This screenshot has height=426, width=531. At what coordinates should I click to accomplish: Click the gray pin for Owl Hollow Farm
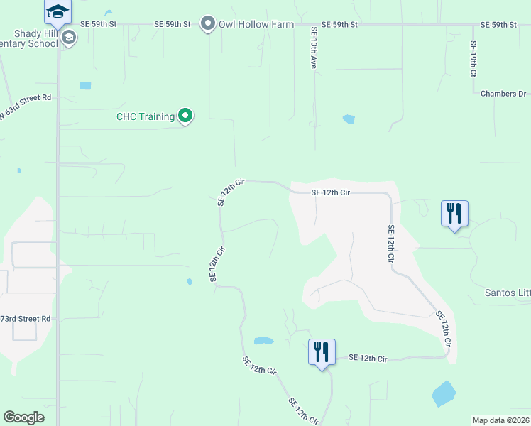coord(208,24)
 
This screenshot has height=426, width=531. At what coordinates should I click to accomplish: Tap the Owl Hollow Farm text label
coord(256,24)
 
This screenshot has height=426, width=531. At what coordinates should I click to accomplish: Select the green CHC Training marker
coord(185,115)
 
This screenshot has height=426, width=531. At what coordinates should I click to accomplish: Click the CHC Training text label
coord(146,116)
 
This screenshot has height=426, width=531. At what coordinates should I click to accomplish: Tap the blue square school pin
coord(58,11)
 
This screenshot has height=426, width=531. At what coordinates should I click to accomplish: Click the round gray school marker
coord(69,37)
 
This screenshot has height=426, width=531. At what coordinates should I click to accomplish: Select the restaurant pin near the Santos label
coord(454,213)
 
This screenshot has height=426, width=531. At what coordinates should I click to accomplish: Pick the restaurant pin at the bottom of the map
coord(322,352)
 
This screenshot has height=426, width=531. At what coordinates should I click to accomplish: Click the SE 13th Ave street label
coord(313,48)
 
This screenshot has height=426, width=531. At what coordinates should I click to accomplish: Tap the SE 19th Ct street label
coord(473,58)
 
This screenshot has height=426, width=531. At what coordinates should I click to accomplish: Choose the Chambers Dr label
coord(503,94)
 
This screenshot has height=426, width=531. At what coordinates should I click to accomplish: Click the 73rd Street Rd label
coord(26,319)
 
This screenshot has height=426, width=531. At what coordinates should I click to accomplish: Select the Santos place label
coord(507,293)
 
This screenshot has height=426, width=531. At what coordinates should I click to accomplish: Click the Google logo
coord(24,417)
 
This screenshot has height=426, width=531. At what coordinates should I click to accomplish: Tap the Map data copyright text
coord(500,420)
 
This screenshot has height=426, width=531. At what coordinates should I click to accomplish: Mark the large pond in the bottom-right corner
coord(444,393)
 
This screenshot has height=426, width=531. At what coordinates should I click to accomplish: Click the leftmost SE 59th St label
coord(98,24)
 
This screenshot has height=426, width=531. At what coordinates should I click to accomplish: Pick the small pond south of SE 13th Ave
coord(349,119)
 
